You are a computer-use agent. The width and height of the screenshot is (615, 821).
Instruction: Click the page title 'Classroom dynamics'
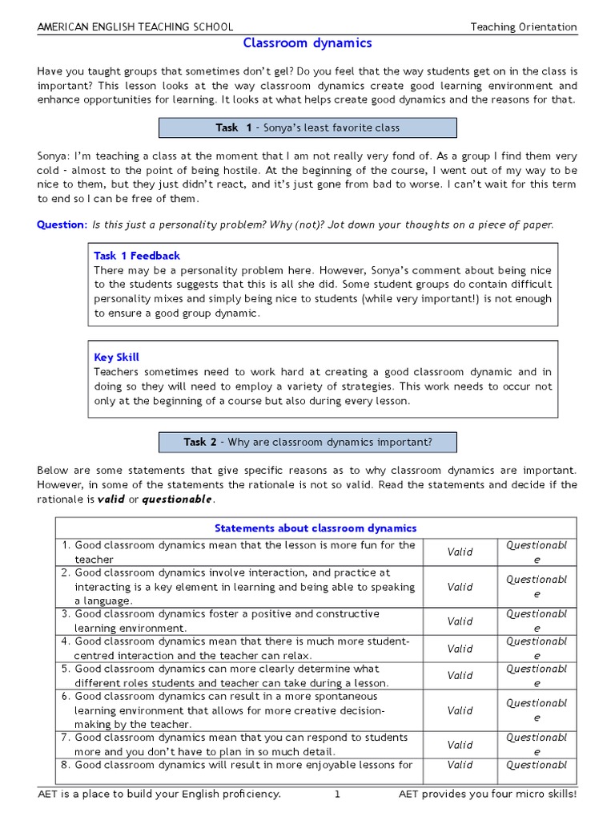pos(307,43)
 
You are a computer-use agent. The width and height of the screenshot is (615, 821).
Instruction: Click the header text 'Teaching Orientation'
pos(523,26)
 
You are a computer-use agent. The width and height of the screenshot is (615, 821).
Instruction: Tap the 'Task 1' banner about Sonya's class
pos(307,127)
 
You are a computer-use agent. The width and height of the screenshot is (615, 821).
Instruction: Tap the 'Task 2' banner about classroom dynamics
pos(307,442)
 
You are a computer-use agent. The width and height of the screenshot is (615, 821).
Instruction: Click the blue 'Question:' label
pos(62,225)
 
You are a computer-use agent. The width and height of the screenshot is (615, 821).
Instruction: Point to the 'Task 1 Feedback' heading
pos(137,256)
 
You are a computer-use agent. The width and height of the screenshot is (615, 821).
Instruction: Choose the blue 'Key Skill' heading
pos(116,358)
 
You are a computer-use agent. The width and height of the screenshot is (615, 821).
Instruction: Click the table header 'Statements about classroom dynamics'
pos(316,528)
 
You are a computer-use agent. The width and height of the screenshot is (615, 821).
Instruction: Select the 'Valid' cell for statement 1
pos(460,552)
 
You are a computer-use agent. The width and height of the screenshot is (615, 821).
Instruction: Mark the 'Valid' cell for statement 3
pos(460,621)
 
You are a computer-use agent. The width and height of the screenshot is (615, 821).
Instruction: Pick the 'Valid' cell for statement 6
pos(460,710)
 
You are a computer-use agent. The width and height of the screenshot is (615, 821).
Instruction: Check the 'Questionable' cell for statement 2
pos(537,587)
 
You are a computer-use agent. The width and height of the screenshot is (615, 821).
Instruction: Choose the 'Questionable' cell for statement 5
pos(537,676)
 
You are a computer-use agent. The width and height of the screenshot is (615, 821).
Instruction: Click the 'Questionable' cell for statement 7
pos(537,745)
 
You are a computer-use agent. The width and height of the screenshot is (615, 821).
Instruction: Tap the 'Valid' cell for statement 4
pos(460,649)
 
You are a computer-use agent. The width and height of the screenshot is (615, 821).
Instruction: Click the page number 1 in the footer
pos(338,795)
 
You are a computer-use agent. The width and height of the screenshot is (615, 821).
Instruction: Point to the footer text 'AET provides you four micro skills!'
pos(487,795)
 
